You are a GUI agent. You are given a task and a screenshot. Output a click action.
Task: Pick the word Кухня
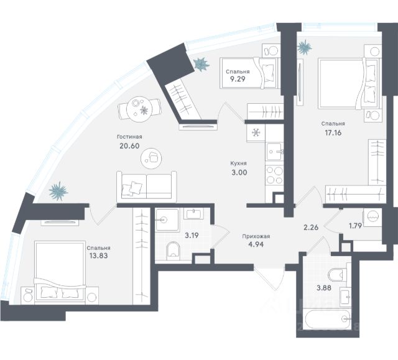tap(239, 164)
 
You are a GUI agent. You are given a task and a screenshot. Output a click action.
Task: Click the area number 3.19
tap(192, 235)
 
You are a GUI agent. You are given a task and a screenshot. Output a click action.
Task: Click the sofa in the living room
tap(144, 187)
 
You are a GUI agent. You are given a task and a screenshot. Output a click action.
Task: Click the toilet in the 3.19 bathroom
tap(174, 251)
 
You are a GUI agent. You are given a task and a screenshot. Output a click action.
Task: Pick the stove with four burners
tap(274, 177)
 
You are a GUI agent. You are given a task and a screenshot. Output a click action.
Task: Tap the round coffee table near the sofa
tap(152, 159)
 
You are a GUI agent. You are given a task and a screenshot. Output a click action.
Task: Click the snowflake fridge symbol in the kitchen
tap(255, 132)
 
